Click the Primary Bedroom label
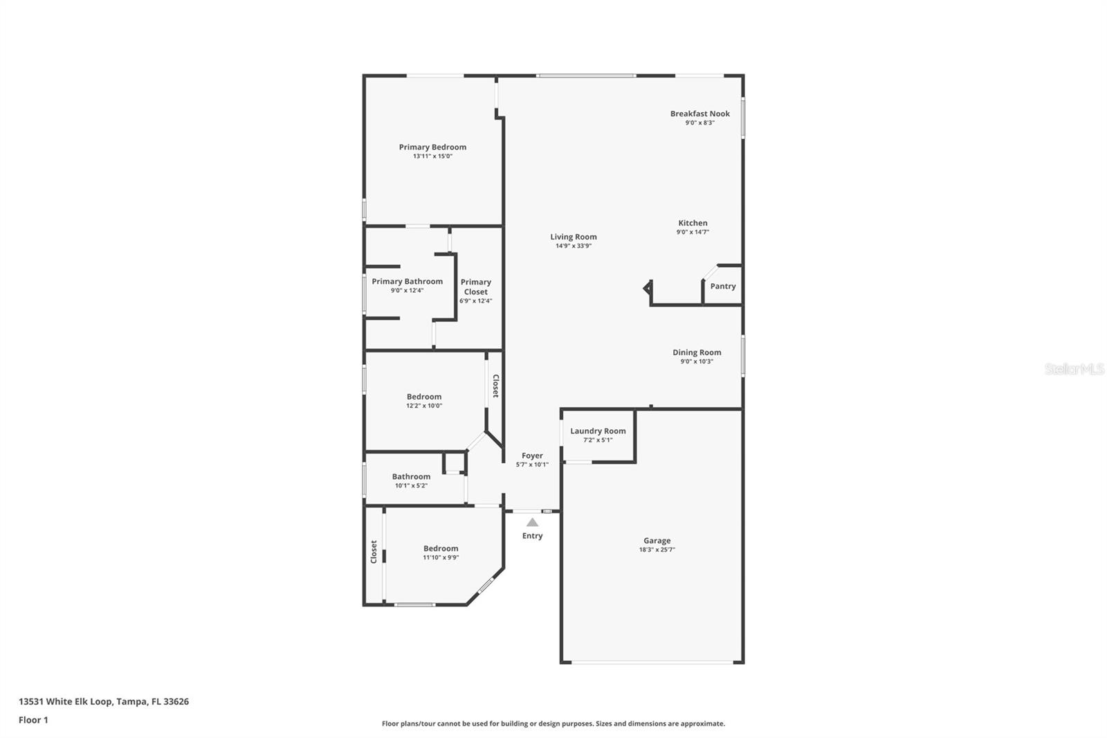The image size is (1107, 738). [432, 147]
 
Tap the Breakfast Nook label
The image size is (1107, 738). [699, 114]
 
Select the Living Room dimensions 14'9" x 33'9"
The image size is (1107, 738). [574, 246]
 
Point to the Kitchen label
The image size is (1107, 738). [693, 223]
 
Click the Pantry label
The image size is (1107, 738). [723, 286]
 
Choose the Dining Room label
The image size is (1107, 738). [697, 352]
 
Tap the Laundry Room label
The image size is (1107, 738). [598, 431]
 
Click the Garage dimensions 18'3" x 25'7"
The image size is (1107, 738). [657, 550]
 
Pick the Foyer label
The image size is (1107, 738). [532, 456]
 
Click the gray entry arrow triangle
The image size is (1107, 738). [532, 523]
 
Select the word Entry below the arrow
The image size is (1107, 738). [532, 536]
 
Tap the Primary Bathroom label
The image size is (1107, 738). [407, 281]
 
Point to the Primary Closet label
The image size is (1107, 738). [476, 287]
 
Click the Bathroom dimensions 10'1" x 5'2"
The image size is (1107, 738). [411, 485]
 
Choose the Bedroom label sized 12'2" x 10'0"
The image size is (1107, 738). [424, 397]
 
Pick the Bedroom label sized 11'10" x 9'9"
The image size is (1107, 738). [441, 548]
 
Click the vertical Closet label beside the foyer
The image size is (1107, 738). [495, 386]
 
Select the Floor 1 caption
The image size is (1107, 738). [33, 720]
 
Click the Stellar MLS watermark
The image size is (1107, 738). [1074, 369]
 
